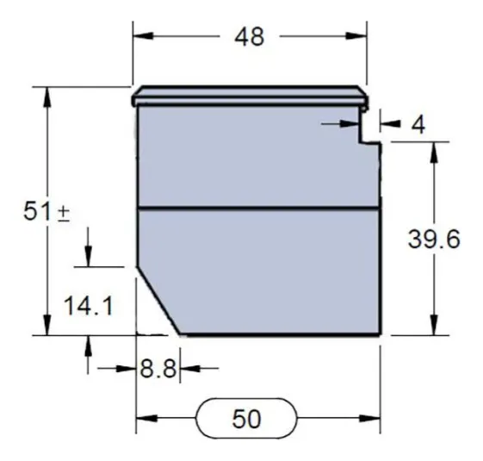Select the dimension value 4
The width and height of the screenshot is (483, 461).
click(x=418, y=125)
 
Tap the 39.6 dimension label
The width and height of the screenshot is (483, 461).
click(x=434, y=240)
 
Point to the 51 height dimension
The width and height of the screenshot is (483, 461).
click(x=37, y=212)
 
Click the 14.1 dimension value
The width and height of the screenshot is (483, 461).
click(x=88, y=306)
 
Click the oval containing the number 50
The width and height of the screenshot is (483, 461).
click(x=246, y=420)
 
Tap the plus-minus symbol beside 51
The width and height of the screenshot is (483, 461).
click(x=64, y=214)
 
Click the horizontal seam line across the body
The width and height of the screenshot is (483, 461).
click(x=258, y=209)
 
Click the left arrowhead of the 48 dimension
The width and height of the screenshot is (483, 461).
click(x=140, y=37)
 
